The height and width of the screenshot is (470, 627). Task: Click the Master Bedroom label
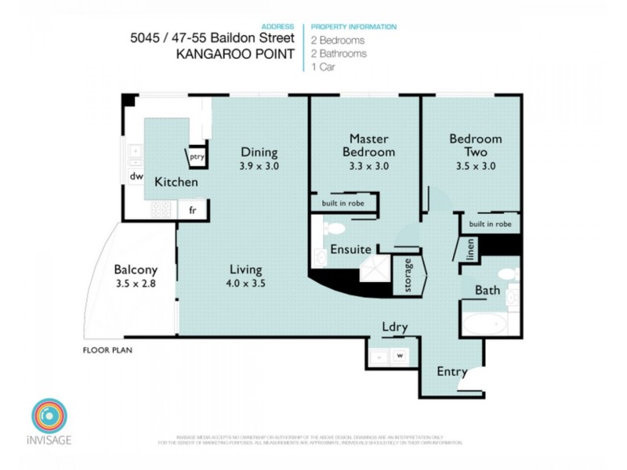[371, 145]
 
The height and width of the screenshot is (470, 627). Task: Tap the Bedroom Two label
[475, 145]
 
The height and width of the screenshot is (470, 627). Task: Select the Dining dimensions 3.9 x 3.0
[259, 166]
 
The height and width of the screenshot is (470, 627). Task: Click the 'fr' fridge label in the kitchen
[192, 209]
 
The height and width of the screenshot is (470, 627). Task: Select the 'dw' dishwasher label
[136, 176]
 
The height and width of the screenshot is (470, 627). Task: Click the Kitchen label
[176, 182]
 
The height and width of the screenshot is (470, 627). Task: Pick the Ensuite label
[350, 250]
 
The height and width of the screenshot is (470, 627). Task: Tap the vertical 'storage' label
[408, 275]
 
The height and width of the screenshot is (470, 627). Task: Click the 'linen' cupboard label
[469, 251]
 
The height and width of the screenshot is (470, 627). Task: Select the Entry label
[451, 371]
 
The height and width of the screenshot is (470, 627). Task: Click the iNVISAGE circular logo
[49, 415]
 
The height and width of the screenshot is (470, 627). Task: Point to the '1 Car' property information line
[324, 67]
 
